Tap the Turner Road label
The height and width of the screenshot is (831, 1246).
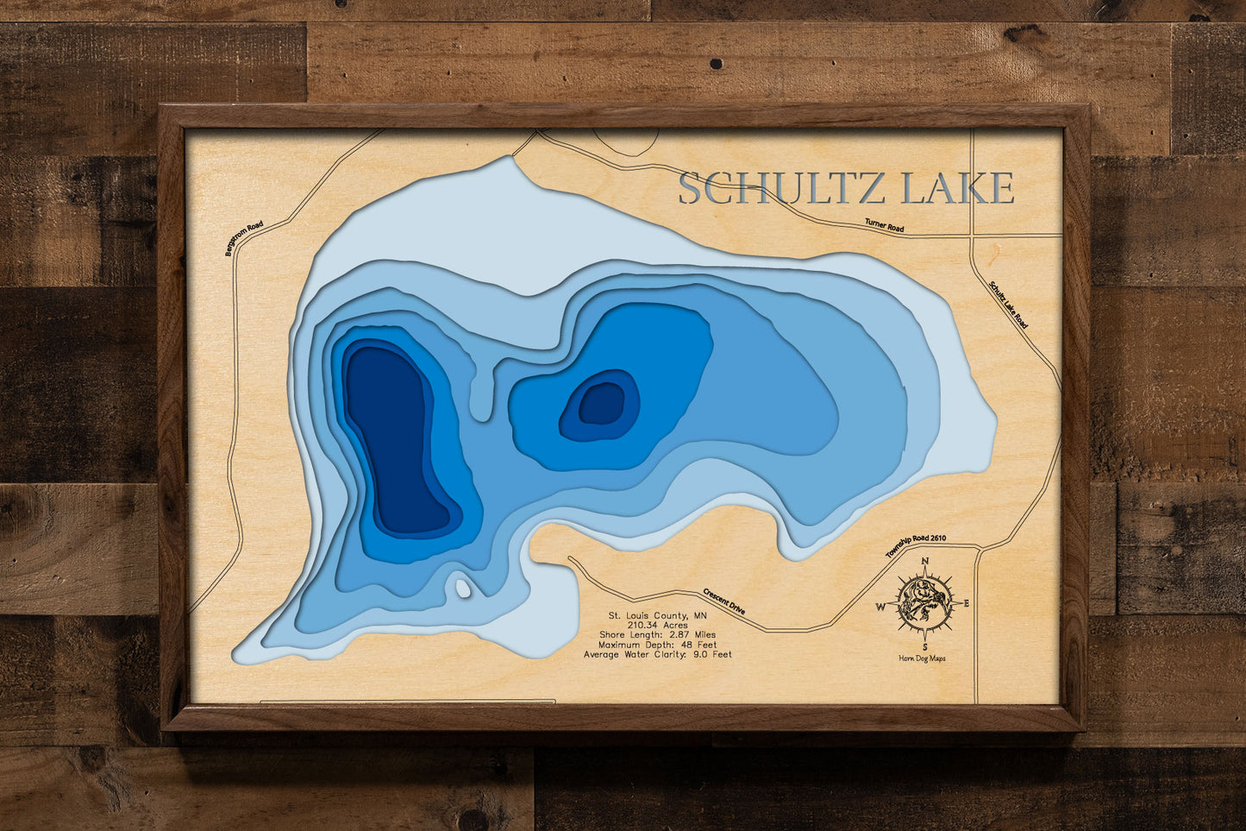884,226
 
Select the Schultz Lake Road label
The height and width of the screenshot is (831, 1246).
1008,304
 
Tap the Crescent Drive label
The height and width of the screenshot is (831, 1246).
724,601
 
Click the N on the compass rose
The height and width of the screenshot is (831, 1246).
925,562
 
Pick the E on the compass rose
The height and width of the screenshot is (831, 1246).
967,603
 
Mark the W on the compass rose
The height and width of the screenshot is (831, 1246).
881,606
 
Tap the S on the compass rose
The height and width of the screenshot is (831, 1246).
924,645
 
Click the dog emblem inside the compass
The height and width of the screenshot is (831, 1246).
924,603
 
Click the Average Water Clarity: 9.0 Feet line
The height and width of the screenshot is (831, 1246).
657,654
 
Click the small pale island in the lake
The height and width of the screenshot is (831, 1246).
463,589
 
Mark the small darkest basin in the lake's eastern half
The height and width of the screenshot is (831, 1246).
601,403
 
